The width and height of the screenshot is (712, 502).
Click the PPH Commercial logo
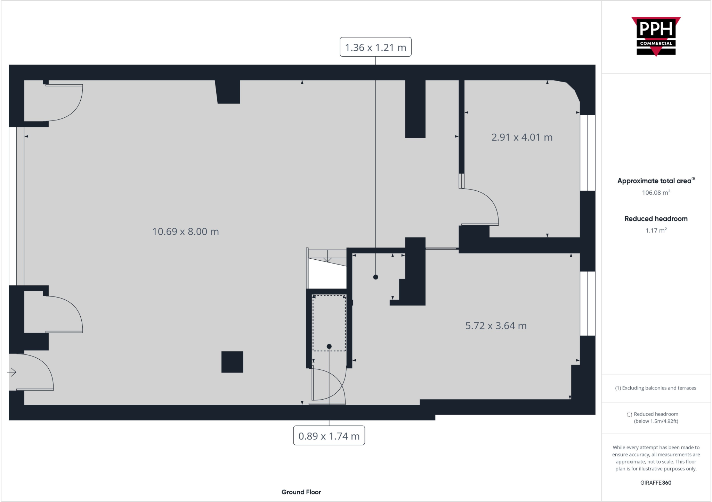pyautogui.click(x=656, y=36)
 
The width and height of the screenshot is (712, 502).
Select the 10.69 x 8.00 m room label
pyautogui.click(x=185, y=232)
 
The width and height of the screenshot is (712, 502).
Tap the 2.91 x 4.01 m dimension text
pyautogui.click(x=521, y=137)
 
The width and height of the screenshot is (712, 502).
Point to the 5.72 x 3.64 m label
pyautogui.click(x=496, y=326)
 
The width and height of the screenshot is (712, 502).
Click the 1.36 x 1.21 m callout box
pyautogui.click(x=375, y=47)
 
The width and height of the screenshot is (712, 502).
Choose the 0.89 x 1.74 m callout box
pyautogui.click(x=329, y=436)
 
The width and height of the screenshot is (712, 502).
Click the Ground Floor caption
pyautogui.click(x=301, y=492)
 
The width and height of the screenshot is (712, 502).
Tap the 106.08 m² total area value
pyautogui.click(x=656, y=193)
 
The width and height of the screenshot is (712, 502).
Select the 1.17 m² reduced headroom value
pyautogui.click(x=656, y=231)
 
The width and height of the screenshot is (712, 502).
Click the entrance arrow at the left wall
pyautogui.click(x=12, y=372)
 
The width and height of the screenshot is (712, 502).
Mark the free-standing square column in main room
pyautogui.click(x=232, y=362)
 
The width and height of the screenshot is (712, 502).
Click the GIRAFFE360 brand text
pyautogui.click(x=656, y=483)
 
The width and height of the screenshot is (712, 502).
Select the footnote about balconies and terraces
pyautogui.click(x=656, y=388)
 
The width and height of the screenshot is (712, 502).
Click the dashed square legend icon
pyautogui.click(x=629, y=414)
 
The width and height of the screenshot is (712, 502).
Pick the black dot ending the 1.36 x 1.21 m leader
pyautogui.click(x=375, y=277)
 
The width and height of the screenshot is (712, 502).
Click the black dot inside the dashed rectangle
pyautogui.click(x=329, y=346)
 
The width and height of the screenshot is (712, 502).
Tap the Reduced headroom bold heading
pyautogui.click(x=656, y=219)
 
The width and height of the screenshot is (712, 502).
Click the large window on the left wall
pyautogui.click(x=16, y=206)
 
